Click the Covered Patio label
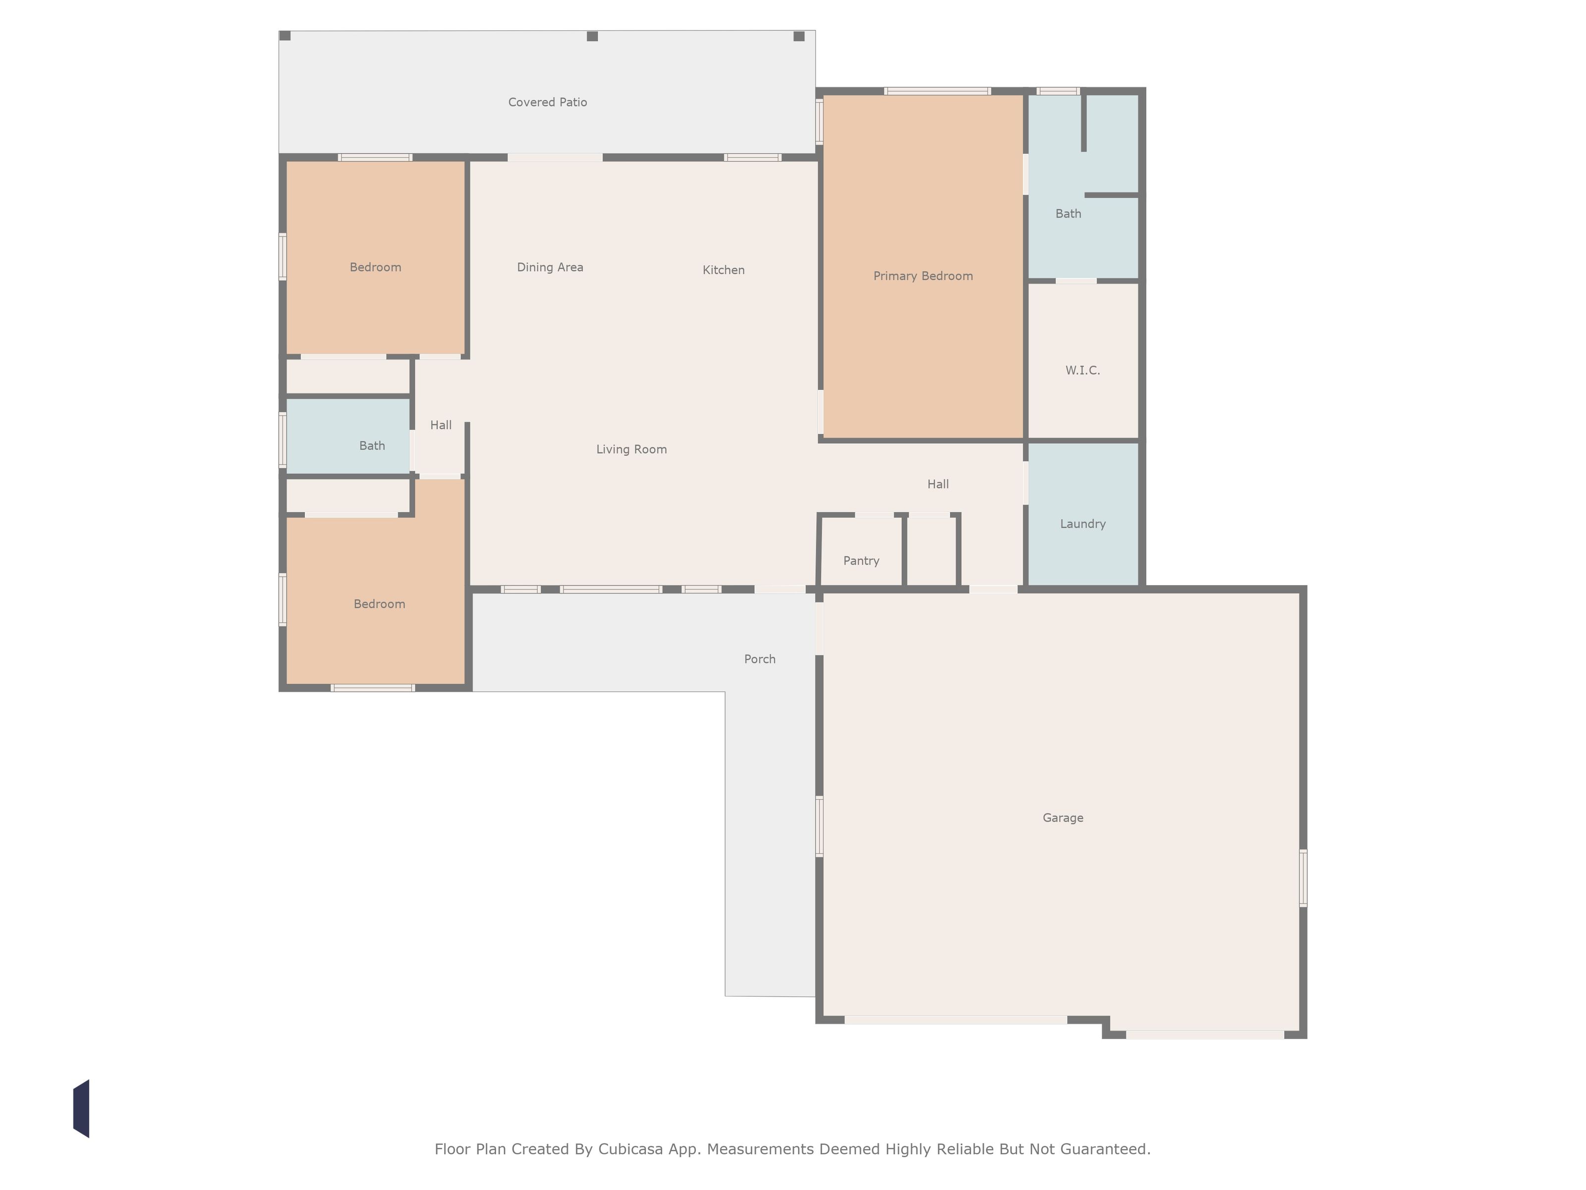[x=548, y=103]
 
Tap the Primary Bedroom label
[x=923, y=276]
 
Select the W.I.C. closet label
[x=1082, y=370]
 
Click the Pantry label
[x=861, y=561]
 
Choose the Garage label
[x=1063, y=818]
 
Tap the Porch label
[x=760, y=659]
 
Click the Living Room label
[x=632, y=450]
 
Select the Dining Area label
[x=550, y=268]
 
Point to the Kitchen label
[x=724, y=270]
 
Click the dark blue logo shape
[x=81, y=1108]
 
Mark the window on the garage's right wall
[x=1303, y=878]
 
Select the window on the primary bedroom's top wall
[x=937, y=91]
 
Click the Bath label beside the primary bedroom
[x=1069, y=214]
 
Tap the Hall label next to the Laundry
[x=938, y=484]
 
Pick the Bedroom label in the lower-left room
[x=379, y=604]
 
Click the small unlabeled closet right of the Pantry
[x=931, y=551]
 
